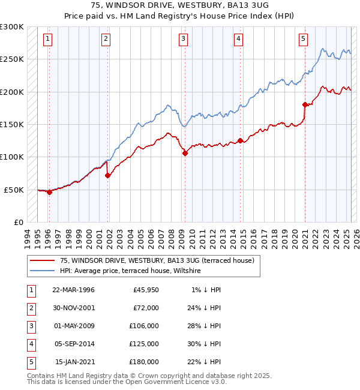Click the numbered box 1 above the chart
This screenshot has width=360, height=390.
47,40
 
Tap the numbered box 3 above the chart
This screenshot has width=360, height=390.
183,40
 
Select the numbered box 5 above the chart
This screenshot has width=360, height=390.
303,40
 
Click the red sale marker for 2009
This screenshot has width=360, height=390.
185,153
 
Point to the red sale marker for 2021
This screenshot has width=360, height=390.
305,104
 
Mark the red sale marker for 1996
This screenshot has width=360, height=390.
49,192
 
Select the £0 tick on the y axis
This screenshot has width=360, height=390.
18,222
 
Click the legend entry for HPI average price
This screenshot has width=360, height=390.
130,271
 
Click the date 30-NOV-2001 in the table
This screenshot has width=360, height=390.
73,307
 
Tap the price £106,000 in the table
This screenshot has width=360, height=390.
144,325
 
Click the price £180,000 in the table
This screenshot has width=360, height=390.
144,362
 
